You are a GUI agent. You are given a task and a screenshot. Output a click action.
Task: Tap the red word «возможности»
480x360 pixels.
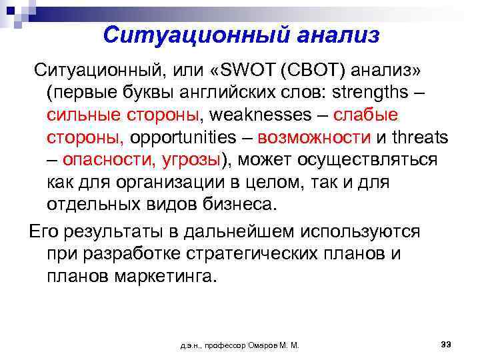[x=314, y=138]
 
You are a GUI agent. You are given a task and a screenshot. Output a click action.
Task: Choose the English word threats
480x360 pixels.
[x=417, y=138]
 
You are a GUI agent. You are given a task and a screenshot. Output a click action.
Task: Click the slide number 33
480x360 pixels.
[x=447, y=343]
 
